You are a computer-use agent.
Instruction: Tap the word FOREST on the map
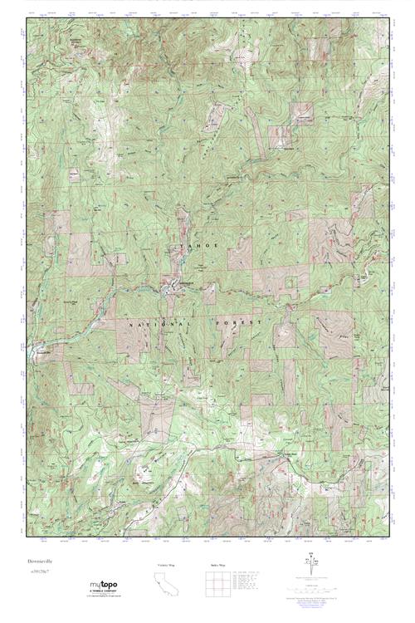coord(239,321)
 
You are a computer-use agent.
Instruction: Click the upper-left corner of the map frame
coord(26,18)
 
